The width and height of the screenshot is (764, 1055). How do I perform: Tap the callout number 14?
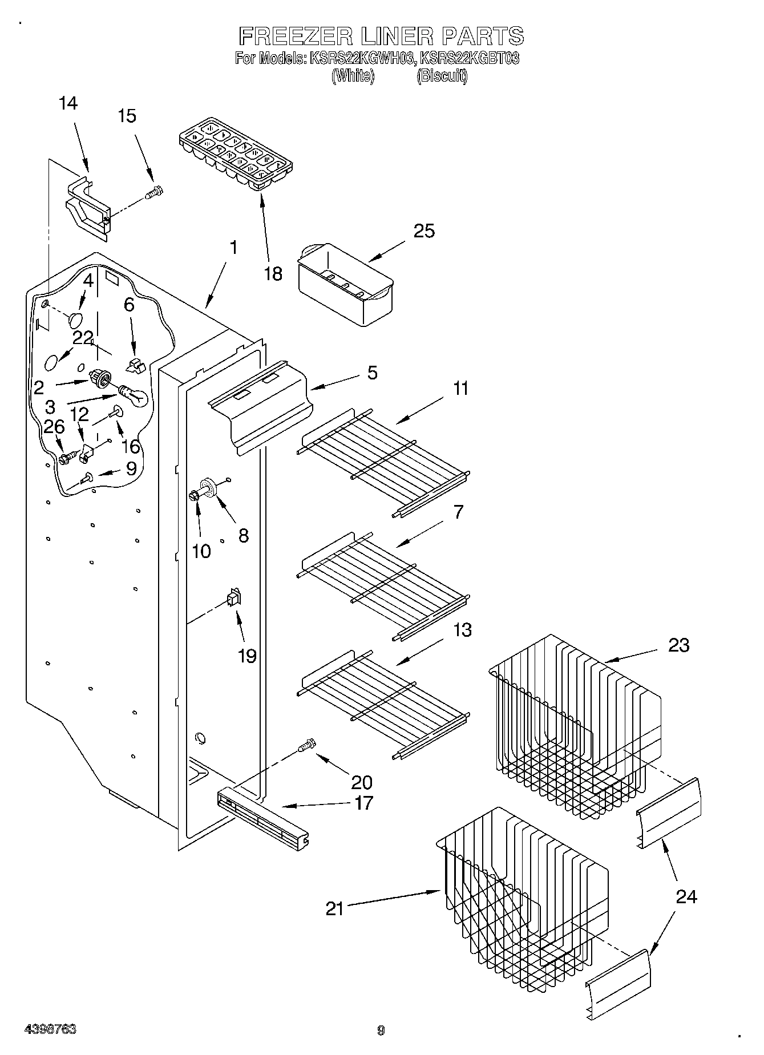click(x=68, y=103)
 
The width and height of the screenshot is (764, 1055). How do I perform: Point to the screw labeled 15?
click(x=154, y=193)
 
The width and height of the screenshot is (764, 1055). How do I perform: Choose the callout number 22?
click(x=83, y=338)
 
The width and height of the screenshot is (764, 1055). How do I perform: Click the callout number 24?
click(x=686, y=897)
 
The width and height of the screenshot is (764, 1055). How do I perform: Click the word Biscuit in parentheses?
click(x=442, y=76)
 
